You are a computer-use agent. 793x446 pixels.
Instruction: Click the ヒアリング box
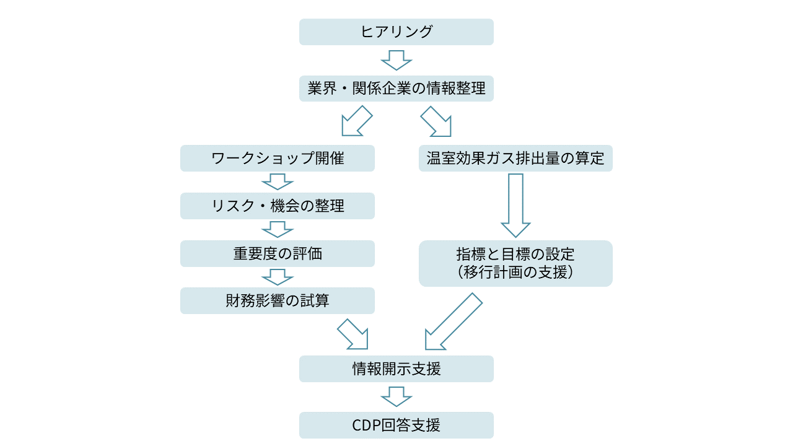[x=396, y=32]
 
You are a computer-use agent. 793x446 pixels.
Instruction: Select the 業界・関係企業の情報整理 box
[x=396, y=88]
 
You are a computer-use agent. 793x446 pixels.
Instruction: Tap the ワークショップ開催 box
[x=278, y=158]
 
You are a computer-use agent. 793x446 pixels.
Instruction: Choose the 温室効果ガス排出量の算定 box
[x=515, y=158]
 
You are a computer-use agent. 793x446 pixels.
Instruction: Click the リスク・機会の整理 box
[x=278, y=206]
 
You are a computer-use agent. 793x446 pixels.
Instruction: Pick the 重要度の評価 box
[x=278, y=253]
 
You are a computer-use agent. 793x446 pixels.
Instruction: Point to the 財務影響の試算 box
[x=278, y=300]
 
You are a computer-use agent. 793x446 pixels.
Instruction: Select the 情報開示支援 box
[x=396, y=369]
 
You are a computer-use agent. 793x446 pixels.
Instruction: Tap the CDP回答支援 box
[x=396, y=425]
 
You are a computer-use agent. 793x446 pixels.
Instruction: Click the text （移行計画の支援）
[x=515, y=273]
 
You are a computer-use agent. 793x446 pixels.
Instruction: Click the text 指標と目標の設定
[x=515, y=255]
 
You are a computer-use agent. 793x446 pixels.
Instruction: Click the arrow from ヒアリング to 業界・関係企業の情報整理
[x=396, y=60]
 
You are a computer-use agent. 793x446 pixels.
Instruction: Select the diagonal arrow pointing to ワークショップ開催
[x=356, y=121]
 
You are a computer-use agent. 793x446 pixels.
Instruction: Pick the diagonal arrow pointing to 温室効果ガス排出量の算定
[x=437, y=121]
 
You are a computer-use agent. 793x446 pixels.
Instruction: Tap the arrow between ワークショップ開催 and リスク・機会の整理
[x=278, y=181]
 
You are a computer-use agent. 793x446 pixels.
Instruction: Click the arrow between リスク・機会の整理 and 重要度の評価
[x=278, y=229]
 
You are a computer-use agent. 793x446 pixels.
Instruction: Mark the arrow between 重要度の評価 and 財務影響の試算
[x=278, y=277]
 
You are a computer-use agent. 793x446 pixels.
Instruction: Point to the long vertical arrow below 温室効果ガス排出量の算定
[x=515, y=204]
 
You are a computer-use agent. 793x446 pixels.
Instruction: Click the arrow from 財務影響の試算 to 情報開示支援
[x=354, y=335]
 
